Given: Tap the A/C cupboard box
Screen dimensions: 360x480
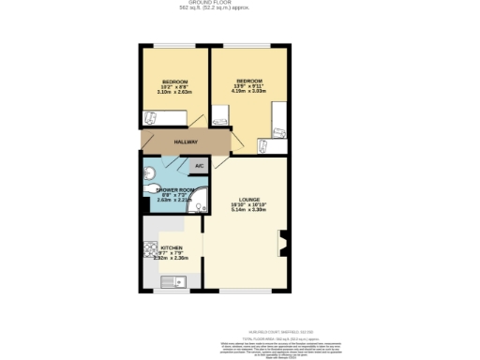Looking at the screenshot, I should pyautogui.click(x=198, y=165).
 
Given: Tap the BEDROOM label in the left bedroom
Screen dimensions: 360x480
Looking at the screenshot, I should pyautogui.click(x=174, y=82).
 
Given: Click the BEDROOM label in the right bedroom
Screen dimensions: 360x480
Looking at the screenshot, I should pyautogui.click(x=248, y=82).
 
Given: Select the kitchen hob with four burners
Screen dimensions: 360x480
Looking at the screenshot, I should pyautogui.click(x=149, y=250).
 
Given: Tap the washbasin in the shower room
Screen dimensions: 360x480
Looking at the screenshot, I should pyautogui.click(x=150, y=172).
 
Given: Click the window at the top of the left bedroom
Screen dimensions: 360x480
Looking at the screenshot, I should pyautogui.click(x=174, y=46).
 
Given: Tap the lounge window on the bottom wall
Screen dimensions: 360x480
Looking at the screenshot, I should pyautogui.click(x=247, y=291).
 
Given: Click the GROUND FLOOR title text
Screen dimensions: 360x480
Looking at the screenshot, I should pyautogui.click(x=240, y=3).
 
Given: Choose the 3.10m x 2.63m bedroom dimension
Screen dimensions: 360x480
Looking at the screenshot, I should pyautogui.click(x=174, y=92).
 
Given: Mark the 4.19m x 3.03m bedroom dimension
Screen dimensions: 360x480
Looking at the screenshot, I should pyautogui.click(x=248, y=92).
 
